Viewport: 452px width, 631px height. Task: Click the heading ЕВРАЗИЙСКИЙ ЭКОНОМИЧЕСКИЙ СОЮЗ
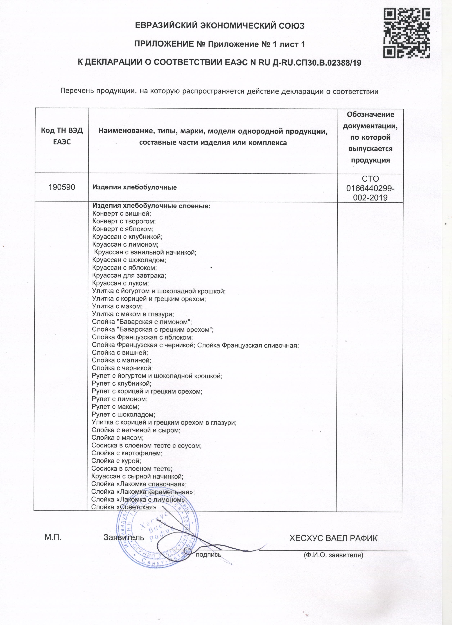click(x=220, y=26)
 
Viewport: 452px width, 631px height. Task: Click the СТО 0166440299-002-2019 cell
click(x=370, y=188)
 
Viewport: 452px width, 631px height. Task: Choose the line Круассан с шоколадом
click(x=129, y=260)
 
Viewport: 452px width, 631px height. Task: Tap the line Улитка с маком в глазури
click(x=133, y=314)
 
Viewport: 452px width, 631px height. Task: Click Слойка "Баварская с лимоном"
click(x=142, y=322)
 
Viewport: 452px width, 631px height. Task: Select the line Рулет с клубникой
click(x=122, y=384)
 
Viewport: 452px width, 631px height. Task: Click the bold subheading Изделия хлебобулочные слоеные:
click(x=151, y=206)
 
